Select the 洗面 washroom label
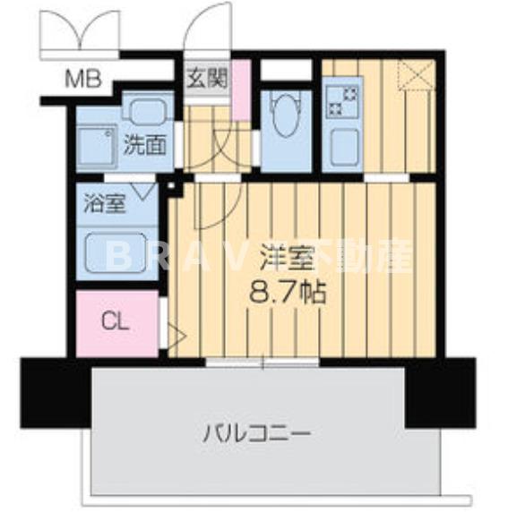[x=143, y=144]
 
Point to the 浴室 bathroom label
[x=104, y=201]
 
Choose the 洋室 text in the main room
[x=287, y=258]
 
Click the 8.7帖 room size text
[x=287, y=291]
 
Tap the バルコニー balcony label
[x=255, y=434]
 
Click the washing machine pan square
[x=94, y=148]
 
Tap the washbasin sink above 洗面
[x=142, y=112]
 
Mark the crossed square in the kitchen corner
[x=416, y=73]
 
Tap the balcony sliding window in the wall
[x=262, y=363]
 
